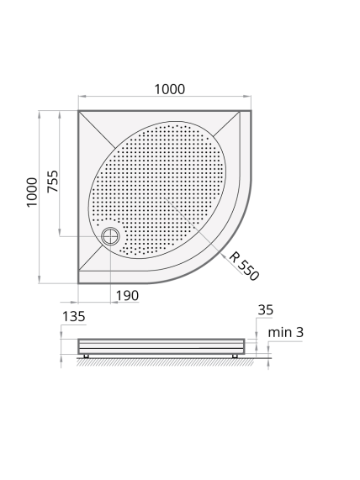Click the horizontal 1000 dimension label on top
point(169,89)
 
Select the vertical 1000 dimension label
point(32,193)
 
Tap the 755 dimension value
point(52,182)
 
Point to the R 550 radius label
point(244,266)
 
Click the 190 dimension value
point(127,295)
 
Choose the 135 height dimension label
point(73,317)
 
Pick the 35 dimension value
point(265,310)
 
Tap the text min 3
point(285,332)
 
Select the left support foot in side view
point(87,356)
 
